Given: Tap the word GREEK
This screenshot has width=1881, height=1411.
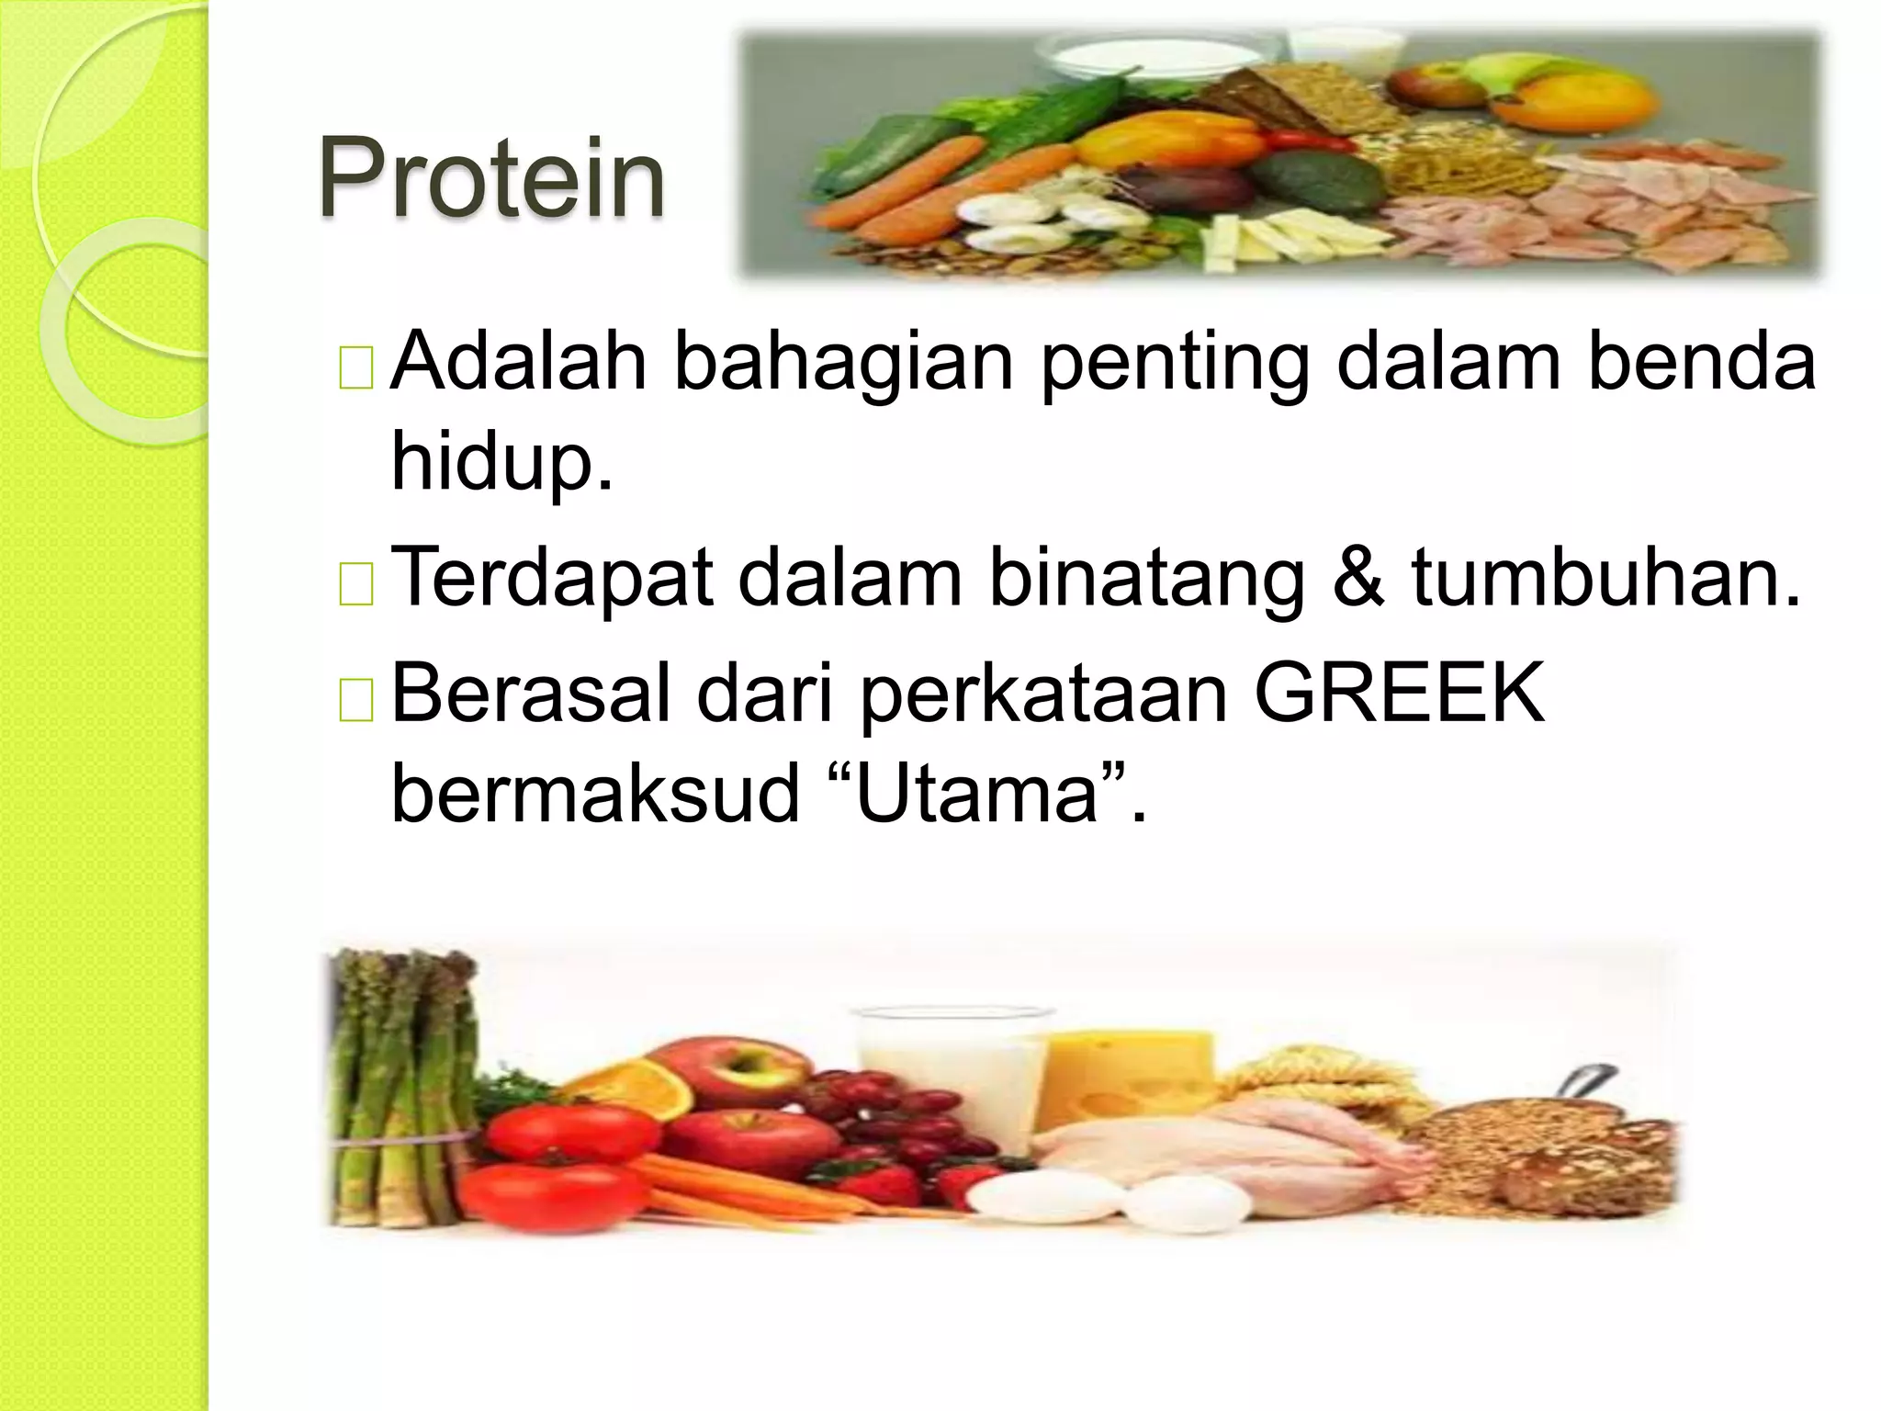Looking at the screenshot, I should [1399, 694].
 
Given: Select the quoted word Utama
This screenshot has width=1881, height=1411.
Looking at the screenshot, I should [976, 793].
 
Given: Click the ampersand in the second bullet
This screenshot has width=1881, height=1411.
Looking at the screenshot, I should [1357, 578].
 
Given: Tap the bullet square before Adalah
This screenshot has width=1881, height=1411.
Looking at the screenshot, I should [355, 368].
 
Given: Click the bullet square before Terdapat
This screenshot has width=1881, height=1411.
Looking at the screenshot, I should [355, 584].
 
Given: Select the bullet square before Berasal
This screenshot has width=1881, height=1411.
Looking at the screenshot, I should [355, 700].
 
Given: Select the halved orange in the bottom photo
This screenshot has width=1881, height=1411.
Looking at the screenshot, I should [634, 1089].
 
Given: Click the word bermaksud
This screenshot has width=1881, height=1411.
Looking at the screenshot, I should [595, 793].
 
